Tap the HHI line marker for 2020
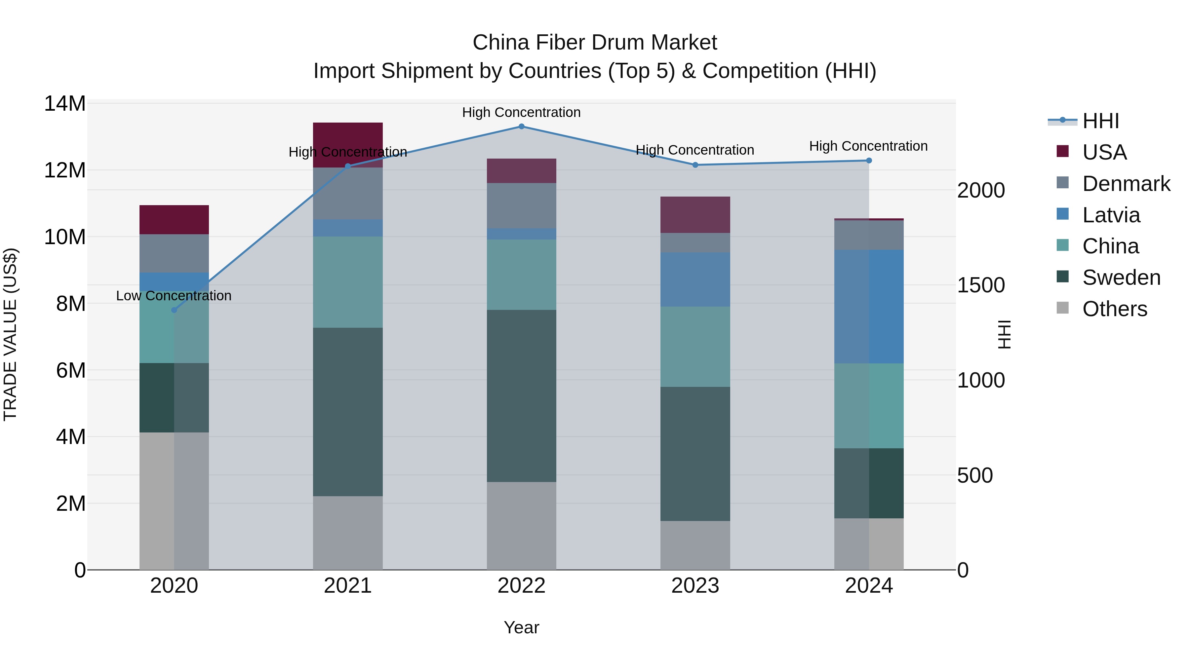(x=174, y=310)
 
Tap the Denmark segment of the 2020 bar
(x=174, y=253)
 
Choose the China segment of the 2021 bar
(x=348, y=282)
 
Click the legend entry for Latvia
(x=1111, y=215)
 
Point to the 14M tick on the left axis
(x=65, y=103)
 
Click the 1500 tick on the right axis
(x=980, y=285)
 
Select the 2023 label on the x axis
(x=695, y=586)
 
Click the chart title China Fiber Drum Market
(x=595, y=43)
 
